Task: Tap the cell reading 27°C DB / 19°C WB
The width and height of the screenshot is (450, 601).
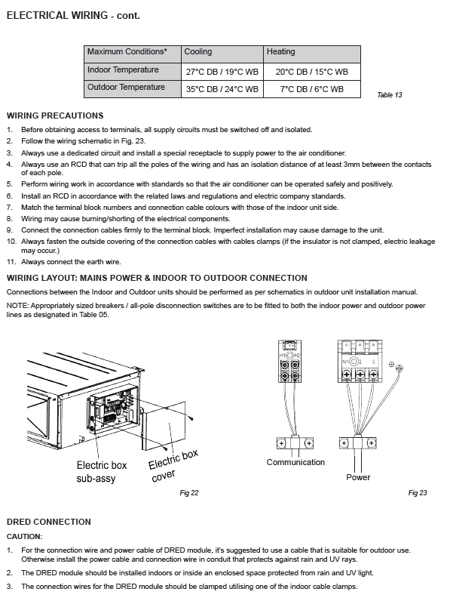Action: pos(222,72)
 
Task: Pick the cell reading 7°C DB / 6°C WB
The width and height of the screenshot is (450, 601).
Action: pos(311,89)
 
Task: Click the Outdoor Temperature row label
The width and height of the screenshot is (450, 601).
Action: pos(127,87)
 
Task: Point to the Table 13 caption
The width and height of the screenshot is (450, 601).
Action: pos(390,95)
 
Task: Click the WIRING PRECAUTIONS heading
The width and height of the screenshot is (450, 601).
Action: pos(55,116)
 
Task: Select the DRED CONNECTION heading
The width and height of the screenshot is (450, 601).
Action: pos(49,522)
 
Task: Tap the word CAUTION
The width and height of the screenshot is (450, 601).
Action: pos(24,537)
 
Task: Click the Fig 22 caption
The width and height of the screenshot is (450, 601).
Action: pos(189,493)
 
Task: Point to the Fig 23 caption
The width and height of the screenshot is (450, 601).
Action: pos(418,493)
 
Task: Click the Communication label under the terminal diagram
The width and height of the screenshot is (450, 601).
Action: pos(295,462)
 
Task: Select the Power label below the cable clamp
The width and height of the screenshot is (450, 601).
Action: pos(358,477)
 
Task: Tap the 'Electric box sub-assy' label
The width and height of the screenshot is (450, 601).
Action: pos(102,472)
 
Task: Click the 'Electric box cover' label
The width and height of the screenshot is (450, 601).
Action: pos(172,465)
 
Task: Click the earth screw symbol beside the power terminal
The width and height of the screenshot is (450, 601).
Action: pos(399,368)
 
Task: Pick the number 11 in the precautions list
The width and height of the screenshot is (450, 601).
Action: pos(11,262)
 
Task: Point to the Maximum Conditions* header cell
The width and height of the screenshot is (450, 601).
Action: pos(127,52)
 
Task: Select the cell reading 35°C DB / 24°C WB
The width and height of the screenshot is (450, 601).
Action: pos(222,89)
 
